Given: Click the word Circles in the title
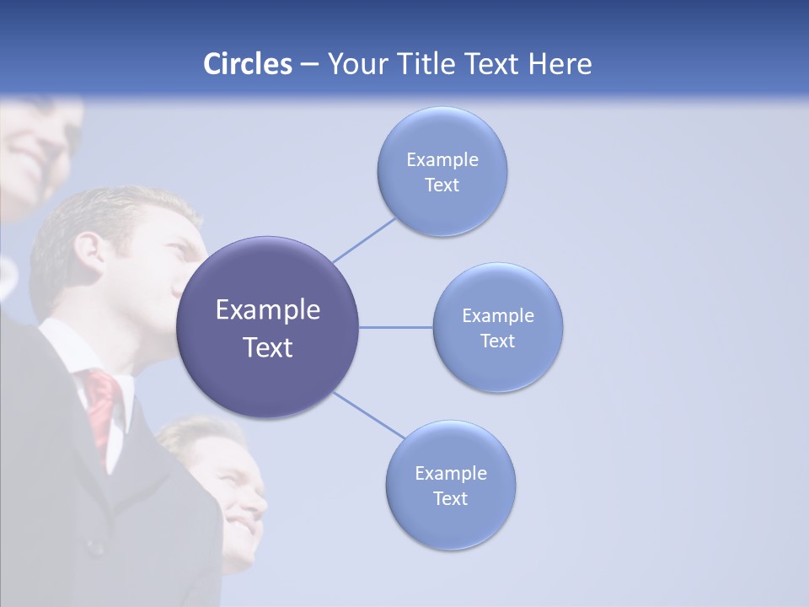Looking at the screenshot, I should click(247, 64).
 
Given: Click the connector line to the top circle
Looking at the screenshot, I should click(364, 240).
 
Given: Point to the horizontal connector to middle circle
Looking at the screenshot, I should click(396, 327).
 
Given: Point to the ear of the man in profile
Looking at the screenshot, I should click(88, 250).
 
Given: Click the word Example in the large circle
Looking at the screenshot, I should click(268, 310).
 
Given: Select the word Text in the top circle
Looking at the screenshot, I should click(442, 185).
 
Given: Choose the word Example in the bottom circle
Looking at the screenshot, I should click(450, 473).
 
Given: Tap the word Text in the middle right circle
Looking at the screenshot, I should click(497, 341).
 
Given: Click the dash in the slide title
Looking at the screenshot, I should click(308, 65).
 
